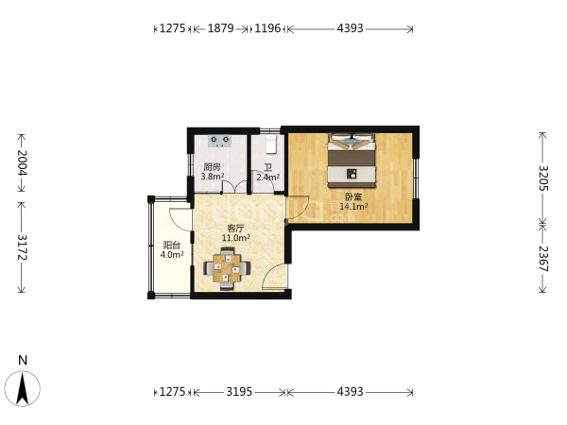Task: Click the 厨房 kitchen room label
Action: click(213, 167)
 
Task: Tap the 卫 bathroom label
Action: click(268, 168)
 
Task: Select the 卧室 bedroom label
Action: click(353, 197)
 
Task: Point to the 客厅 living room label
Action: click(235, 229)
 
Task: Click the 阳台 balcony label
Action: click(172, 246)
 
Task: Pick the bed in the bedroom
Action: click(352, 161)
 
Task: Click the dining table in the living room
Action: click(227, 268)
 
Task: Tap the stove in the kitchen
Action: click(220, 141)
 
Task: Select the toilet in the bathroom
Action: click(271, 144)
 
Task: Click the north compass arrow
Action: click(23, 389)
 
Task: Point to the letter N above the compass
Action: click(23, 361)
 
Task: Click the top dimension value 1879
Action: click(220, 28)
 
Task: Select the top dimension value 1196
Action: click(267, 28)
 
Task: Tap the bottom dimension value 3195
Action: click(239, 391)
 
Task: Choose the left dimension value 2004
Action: click(22, 162)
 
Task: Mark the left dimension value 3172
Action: click(22, 247)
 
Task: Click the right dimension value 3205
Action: click(543, 178)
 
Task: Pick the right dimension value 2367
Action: click(543, 259)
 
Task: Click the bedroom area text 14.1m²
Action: click(353, 207)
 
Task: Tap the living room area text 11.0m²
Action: click(235, 238)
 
